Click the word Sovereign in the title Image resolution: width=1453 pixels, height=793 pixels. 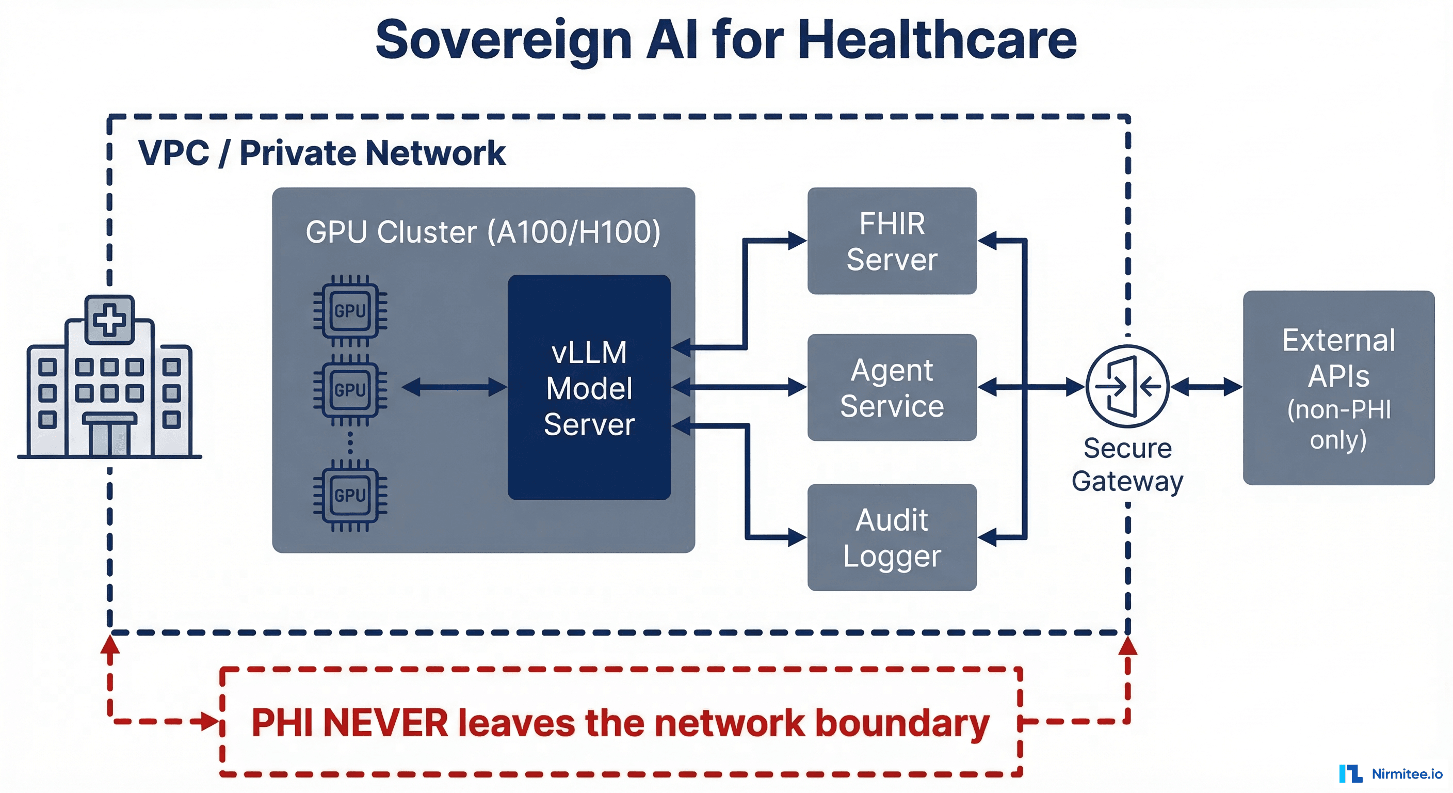click(504, 41)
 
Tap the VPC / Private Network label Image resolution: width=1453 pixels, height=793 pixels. click(321, 153)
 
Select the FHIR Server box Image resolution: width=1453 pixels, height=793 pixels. click(891, 241)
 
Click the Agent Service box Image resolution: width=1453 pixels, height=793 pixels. click(891, 388)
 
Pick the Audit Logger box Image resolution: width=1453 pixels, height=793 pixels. click(891, 537)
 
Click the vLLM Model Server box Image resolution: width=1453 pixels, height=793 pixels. click(588, 388)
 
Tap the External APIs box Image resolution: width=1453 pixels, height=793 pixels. click(1338, 388)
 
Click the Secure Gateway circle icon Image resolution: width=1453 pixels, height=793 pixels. click(1127, 387)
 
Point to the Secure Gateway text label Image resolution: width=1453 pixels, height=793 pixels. click(1127, 465)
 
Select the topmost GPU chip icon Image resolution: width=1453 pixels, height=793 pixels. click(350, 310)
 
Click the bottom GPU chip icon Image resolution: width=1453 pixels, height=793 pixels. click(350, 495)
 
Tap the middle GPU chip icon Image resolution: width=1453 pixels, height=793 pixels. click(350, 389)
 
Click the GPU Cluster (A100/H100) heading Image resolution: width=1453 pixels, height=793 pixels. click(483, 232)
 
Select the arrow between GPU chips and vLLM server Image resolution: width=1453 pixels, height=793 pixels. click(454, 387)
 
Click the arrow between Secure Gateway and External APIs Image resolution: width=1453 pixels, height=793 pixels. click(1206, 387)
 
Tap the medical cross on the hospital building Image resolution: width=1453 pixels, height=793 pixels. click(109, 320)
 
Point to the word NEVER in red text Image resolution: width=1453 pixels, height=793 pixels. click(385, 723)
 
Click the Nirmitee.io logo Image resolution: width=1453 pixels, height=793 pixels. click(1390, 773)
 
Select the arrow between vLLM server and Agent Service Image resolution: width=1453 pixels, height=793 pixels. click(739, 387)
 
